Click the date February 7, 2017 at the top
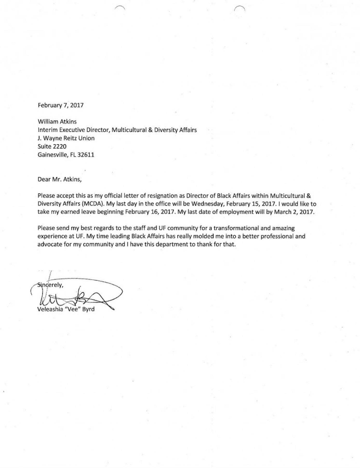coord(61,105)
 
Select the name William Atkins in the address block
coord(57,121)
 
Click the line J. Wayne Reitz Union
coord(66,138)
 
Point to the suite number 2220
coord(59,146)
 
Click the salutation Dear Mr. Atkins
coord(59,179)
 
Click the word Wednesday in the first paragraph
coord(206,204)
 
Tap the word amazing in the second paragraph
coord(283,228)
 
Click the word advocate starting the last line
coord(50,245)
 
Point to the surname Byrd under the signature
coord(88,309)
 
